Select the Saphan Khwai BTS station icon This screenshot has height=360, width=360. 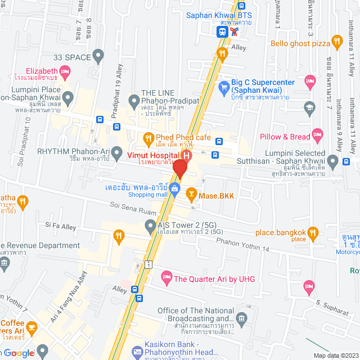[x=223, y=32]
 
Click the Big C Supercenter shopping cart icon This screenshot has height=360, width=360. [x=224, y=87]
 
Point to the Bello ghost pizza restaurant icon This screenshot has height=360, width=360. [x=337, y=40]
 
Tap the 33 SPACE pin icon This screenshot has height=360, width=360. [x=98, y=55]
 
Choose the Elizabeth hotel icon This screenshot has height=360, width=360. [x=66, y=71]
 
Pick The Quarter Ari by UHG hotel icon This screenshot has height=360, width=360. [x=166, y=276]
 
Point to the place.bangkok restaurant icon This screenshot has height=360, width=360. [x=313, y=232]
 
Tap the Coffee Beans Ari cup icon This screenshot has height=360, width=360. [x=31, y=326]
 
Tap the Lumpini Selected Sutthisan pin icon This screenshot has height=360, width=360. [x=333, y=163]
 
